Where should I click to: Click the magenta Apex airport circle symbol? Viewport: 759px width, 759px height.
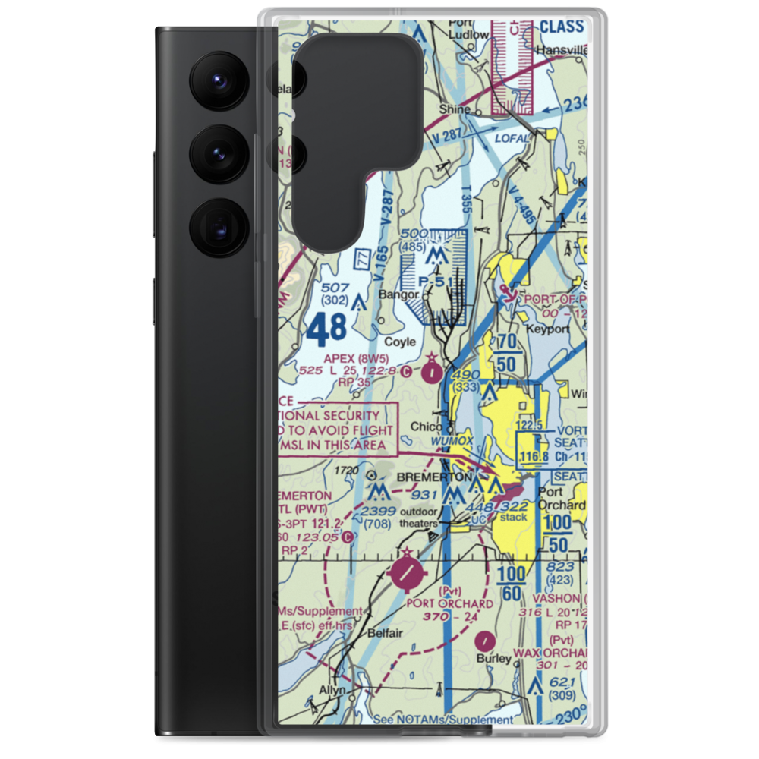pos(432,372)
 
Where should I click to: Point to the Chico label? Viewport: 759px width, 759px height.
pos(426,427)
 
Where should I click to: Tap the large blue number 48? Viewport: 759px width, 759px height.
pos(327,327)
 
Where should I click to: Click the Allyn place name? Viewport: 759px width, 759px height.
pos(332,690)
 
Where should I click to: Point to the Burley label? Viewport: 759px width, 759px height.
pos(494,658)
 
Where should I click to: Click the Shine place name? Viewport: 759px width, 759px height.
pos(456,109)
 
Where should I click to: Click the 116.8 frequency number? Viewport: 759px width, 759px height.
pos(534,456)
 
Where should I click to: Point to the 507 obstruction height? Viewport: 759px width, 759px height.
pos(335,288)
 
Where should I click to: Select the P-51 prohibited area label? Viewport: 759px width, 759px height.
pos(436,282)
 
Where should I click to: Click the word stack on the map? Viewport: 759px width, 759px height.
pos(514,518)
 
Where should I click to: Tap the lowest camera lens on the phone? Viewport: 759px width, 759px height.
pos(218,227)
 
